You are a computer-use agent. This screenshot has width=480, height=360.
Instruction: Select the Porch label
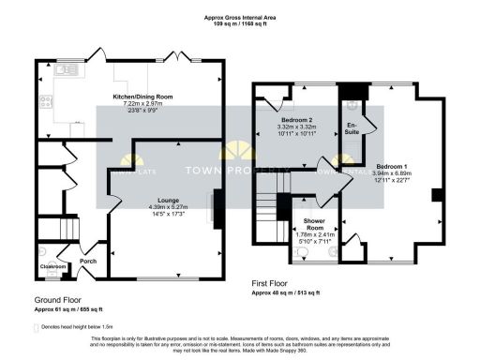tap(88, 261)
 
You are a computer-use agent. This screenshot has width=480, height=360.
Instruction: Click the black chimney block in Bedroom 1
tap(436, 195)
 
